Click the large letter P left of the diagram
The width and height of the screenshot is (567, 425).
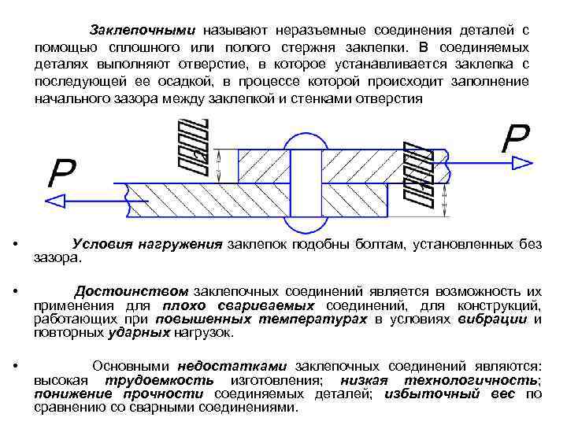61,172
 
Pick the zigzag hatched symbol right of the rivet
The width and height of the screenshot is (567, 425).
417,175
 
